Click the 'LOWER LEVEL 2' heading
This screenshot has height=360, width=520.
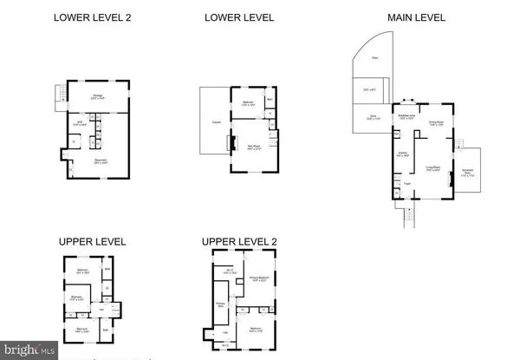tap(92, 16)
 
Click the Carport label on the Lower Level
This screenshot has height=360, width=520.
tap(213, 123)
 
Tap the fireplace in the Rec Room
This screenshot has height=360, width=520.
tap(231, 143)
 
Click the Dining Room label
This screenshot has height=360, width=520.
tap(437, 123)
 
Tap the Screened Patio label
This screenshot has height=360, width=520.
tap(467, 172)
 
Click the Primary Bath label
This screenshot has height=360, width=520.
tap(220, 305)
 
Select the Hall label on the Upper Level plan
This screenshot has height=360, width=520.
tap(101, 309)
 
